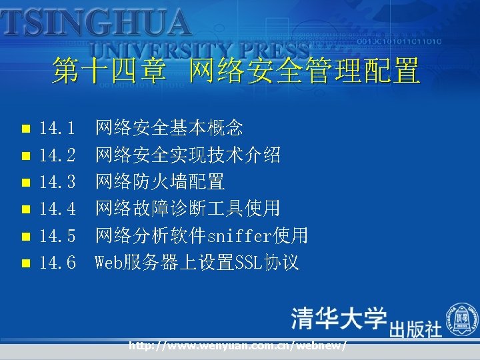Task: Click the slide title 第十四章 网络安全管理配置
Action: [x=237, y=71]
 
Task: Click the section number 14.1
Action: [x=57, y=127]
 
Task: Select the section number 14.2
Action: [x=57, y=155]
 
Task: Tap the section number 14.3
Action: [x=57, y=181]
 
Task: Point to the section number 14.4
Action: [x=57, y=209]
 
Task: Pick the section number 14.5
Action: [x=57, y=235]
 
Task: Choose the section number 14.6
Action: [x=57, y=263]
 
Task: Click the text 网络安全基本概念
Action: [x=169, y=127]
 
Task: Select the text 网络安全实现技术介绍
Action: [x=187, y=155]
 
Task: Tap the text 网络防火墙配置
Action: [x=160, y=181]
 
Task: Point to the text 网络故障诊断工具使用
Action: [x=187, y=209]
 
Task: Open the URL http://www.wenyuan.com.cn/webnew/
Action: [x=237, y=346]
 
